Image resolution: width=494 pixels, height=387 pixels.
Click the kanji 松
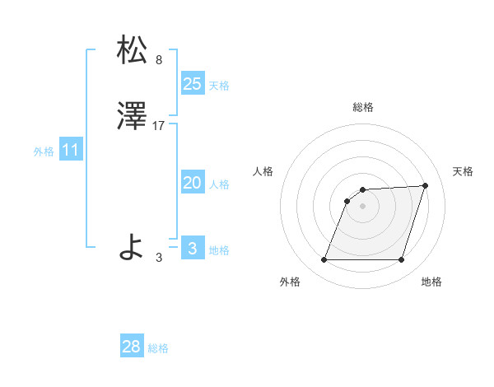pos(133,51)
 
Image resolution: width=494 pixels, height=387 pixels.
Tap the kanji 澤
pos(133,119)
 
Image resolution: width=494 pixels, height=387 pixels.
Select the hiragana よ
pos(132,246)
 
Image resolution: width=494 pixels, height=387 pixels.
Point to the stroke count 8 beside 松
pos(158,59)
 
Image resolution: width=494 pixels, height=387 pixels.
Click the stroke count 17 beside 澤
pos(160,126)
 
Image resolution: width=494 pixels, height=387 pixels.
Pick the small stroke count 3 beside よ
pos(159,258)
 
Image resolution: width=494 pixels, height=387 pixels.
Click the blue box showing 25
pos(193,83)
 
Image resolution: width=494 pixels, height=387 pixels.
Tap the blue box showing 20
pos(193,183)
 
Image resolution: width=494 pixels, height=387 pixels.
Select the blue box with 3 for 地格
pos(193,249)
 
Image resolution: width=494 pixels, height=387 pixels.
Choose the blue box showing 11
pos(71,150)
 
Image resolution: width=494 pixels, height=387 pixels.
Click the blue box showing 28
pos(132,347)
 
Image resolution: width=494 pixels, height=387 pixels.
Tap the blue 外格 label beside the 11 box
pos(44,152)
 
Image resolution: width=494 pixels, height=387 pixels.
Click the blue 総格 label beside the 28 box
pos(158,348)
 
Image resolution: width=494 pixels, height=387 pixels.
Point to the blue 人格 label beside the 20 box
pos(219,184)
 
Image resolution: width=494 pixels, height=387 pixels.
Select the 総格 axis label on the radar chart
pos(363,107)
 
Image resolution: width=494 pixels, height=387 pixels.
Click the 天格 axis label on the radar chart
pos(463,171)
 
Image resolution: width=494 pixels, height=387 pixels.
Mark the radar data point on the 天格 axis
pos(426,186)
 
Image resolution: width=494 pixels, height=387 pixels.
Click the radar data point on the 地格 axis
pos(401,260)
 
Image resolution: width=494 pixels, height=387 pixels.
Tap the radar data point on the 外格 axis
pos(324,260)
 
